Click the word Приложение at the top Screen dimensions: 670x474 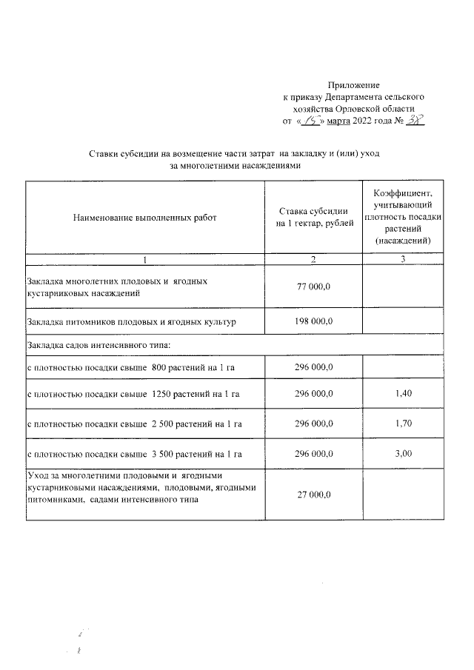[x=353, y=87]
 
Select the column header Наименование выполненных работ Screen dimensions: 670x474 [x=145, y=218]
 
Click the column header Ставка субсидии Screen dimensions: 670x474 [x=313, y=212]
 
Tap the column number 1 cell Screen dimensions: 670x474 [x=145, y=258]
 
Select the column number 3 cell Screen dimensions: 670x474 [x=402, y=258]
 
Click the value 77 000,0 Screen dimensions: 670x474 [x=313, y=287]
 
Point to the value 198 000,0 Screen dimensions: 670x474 [x=313, y=321]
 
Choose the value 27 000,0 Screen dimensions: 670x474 [x=313, y=494]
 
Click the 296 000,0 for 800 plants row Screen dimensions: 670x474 [x=313, y=366]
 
